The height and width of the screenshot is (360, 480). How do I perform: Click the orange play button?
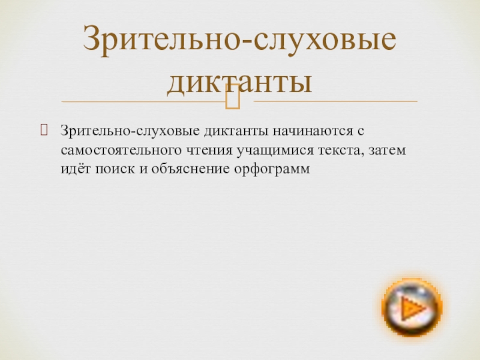[x=412, y=307]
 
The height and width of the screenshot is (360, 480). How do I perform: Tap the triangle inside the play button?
[x=412, y=308]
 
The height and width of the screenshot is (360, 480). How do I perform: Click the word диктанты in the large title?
[x=239, y=81]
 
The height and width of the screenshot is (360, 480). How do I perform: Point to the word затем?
[x=385, y=150]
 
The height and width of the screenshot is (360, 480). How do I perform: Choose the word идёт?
[x=73, y=169]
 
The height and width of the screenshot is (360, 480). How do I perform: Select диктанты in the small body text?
[x=238, y=130]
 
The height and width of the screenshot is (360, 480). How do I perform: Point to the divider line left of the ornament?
[x=138, y=101]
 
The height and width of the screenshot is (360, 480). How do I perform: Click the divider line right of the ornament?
[x=336, y=101]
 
